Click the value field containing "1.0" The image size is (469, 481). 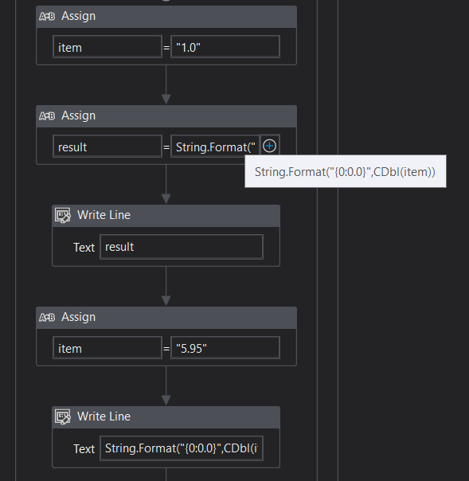[225, 47]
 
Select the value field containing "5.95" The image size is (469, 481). [225, 347]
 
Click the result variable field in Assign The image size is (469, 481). [107, 147]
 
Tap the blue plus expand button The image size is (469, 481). [270, 146]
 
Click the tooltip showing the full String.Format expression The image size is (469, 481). [346, 171]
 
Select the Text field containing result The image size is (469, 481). [182, 247]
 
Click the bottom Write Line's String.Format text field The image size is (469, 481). [182, 448]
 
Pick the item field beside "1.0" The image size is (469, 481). [107, 47]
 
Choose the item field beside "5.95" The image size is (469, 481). [107, 347]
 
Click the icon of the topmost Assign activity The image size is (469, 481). [47, 16]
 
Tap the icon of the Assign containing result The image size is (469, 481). [47, 116]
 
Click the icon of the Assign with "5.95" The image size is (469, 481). [47, 317]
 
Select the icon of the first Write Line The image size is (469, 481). [63, 215]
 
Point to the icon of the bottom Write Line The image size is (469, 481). [63, 416]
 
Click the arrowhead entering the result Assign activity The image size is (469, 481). [166, 99]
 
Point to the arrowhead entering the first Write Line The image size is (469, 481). [166, 199]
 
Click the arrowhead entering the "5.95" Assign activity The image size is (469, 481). [166, 301]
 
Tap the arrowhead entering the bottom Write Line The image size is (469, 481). [166, 401]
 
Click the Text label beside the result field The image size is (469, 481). [84, 247]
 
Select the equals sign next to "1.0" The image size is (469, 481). [166, 48]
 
